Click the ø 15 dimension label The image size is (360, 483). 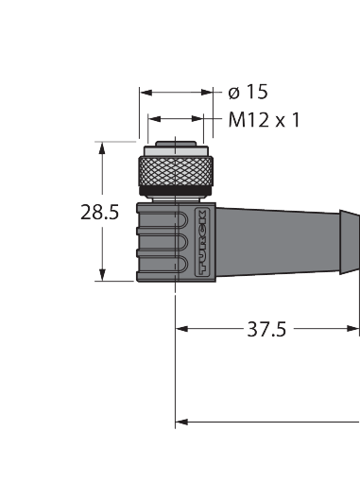point(248,92)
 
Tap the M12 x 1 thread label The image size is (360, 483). point(264,120)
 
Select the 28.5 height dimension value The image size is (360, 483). point(100,213)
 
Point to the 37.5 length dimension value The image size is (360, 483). point(266,329)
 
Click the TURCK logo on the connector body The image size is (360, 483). point(201,242)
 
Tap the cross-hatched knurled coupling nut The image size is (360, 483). point(176,171)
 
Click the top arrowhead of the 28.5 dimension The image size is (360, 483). point(102,148)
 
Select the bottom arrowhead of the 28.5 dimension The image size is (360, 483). point(102,275)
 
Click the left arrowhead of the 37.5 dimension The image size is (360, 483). point(182,329)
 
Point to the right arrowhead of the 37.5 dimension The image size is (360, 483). point(352,329)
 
